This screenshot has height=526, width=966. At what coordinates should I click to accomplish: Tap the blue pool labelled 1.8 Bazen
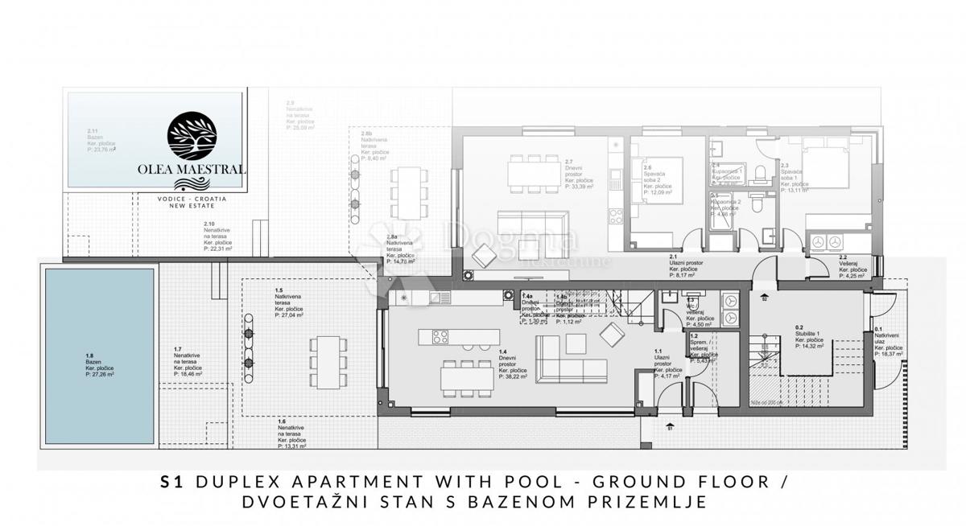point(99,356)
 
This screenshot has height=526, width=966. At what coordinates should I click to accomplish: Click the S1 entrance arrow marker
point(670,427)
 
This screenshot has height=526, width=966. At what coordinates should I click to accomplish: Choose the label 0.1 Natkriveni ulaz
point(889,340)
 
